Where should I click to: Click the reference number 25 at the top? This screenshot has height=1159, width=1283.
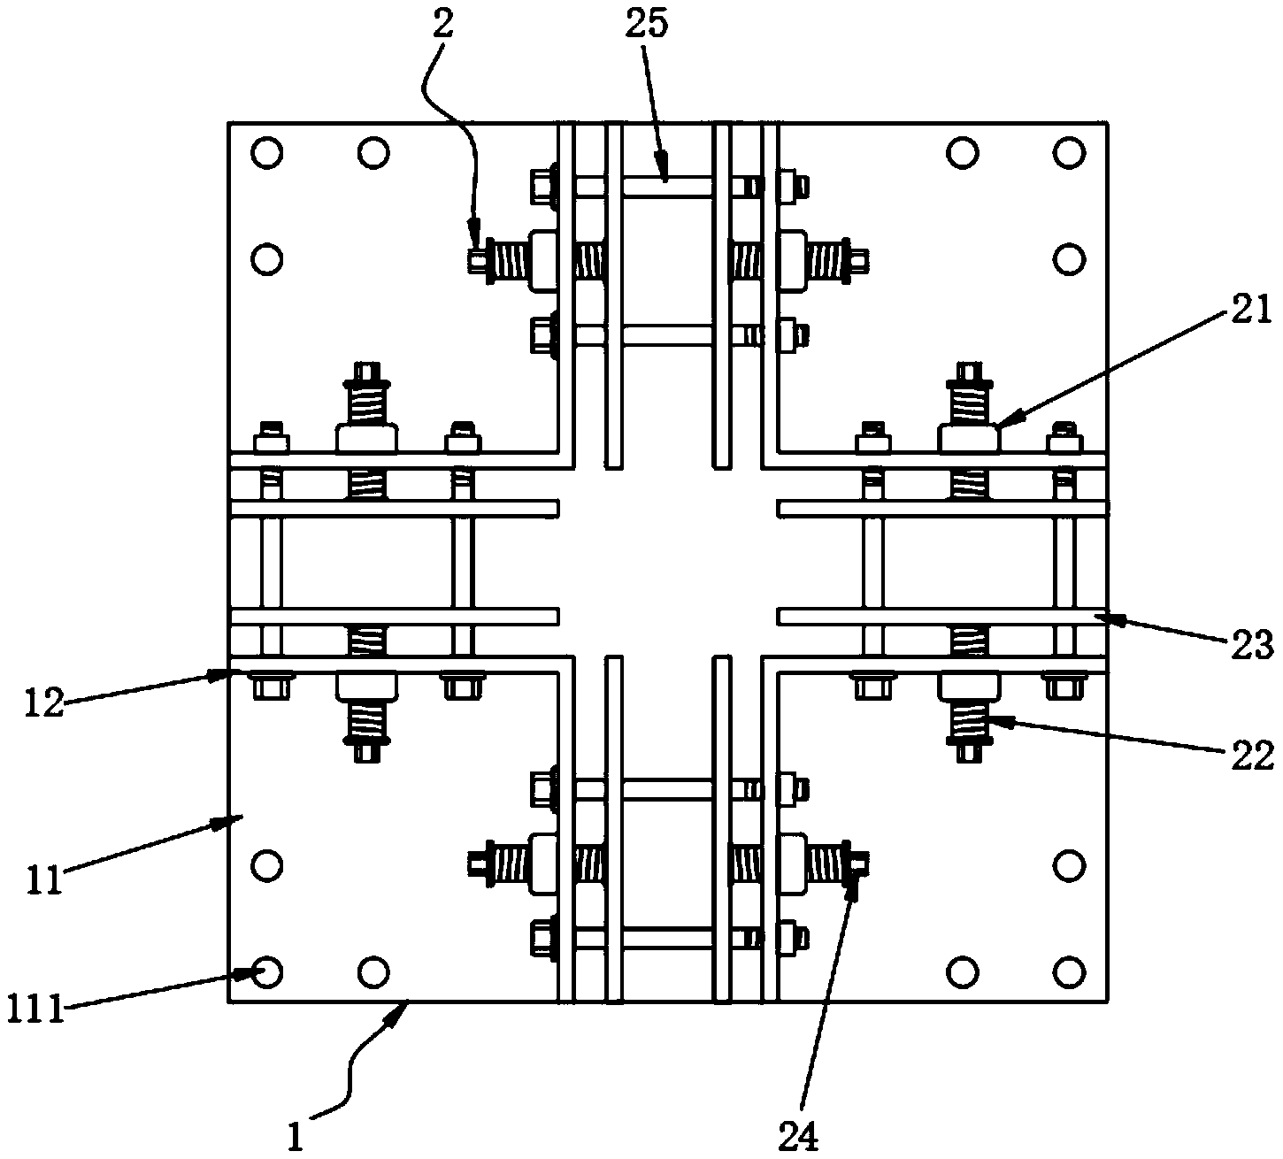click(647, 24)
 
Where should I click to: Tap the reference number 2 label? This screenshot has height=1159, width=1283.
click(442, 25)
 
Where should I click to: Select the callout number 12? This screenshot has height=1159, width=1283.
click(45, 703)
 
